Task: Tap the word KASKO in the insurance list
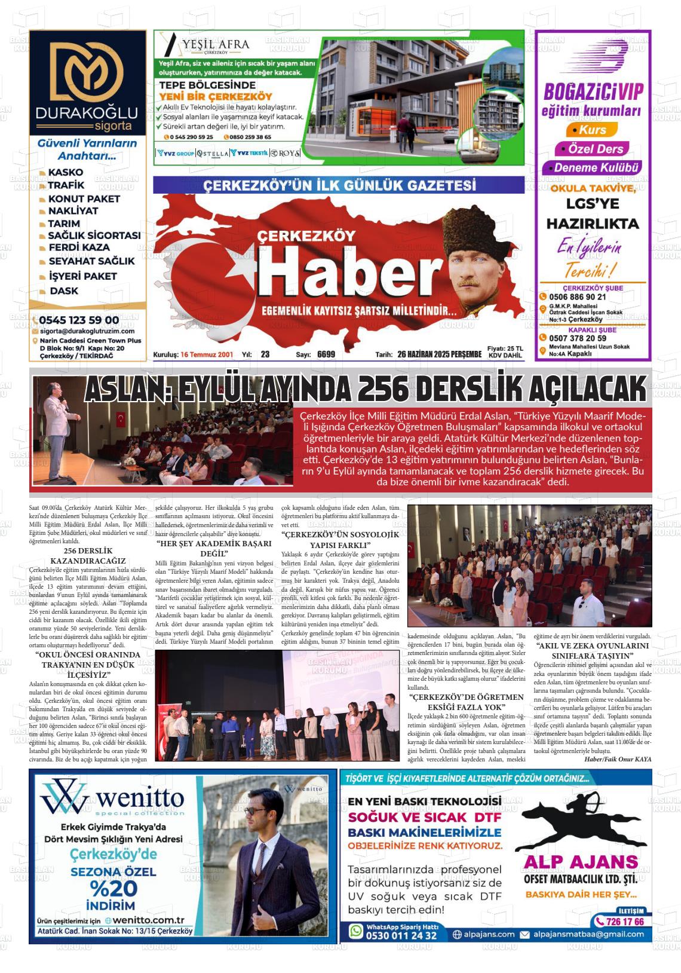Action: point(66,173)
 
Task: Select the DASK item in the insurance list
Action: point(64,291)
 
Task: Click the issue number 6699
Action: point(326,354)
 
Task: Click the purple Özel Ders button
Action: point(591,149)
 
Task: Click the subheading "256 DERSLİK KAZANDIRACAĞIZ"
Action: point(88,555)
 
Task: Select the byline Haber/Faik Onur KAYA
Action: point(618,759)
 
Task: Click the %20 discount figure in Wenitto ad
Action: point(113,888)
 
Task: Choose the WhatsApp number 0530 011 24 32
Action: point(401,935)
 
